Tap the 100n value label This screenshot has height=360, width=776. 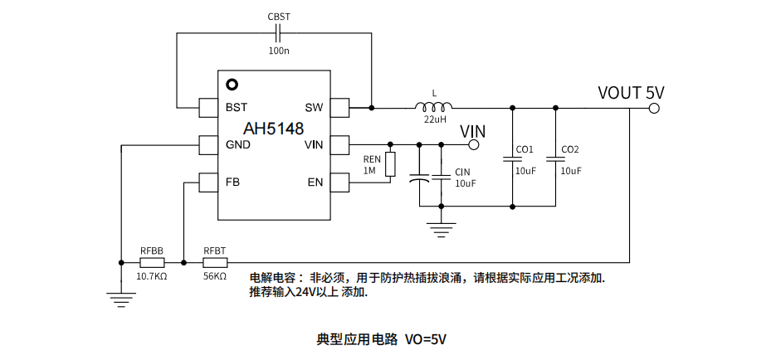[x=279, y=51]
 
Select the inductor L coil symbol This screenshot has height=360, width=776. [x=433, y=107]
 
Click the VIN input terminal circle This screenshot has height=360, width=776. [x=474, y=144]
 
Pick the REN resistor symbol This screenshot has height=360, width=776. [x=390, y=164]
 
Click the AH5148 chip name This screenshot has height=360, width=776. [x=273, y=129]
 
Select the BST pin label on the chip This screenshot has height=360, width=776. [x=237, y=108]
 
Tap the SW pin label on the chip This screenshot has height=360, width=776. [x=314, y=108]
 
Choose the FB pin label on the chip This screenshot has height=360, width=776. [x=233, y=182]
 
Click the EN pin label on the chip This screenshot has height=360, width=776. [x=315, y=182]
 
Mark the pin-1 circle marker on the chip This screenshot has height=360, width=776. [x=232, y=85]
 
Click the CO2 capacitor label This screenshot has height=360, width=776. [x=570, y=150]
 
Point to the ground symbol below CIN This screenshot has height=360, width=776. [x=442, y=227]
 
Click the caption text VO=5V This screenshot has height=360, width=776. [x=426, y=339]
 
